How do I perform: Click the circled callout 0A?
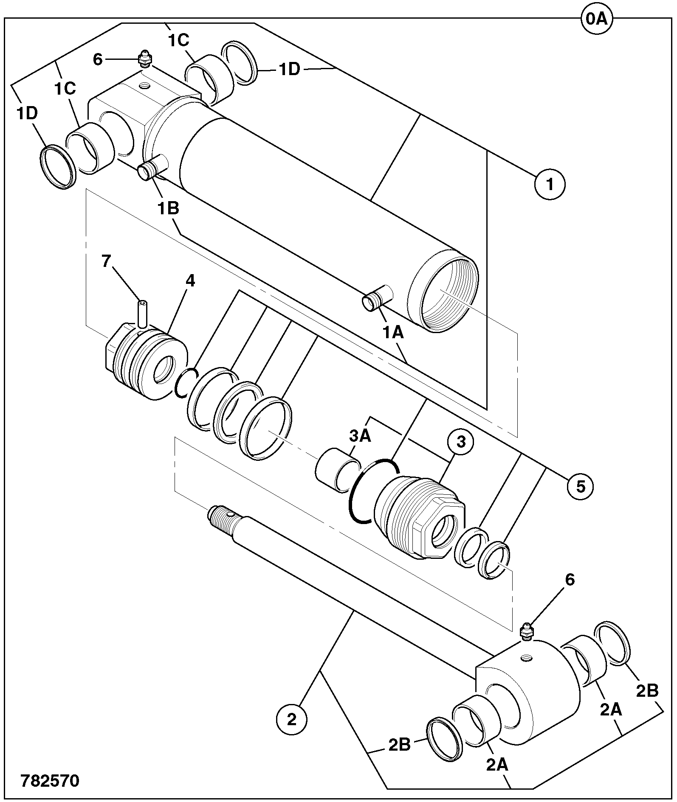pyautogui.click(x=597, y=20)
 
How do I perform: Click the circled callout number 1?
pyautogui.click(x=550, y=185)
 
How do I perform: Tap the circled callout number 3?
pyautogui.click(x=460, y=442)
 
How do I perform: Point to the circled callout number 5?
pyautogui.click(x=581, y=487)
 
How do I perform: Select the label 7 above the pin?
pyautogui.click(x=106, y=261)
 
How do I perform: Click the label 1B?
pyautogui.click(x=169, y=209)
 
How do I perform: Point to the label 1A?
pyautogui.click(x=393, y=333)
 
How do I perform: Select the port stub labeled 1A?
pyautogui.click(x=377, y=297)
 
